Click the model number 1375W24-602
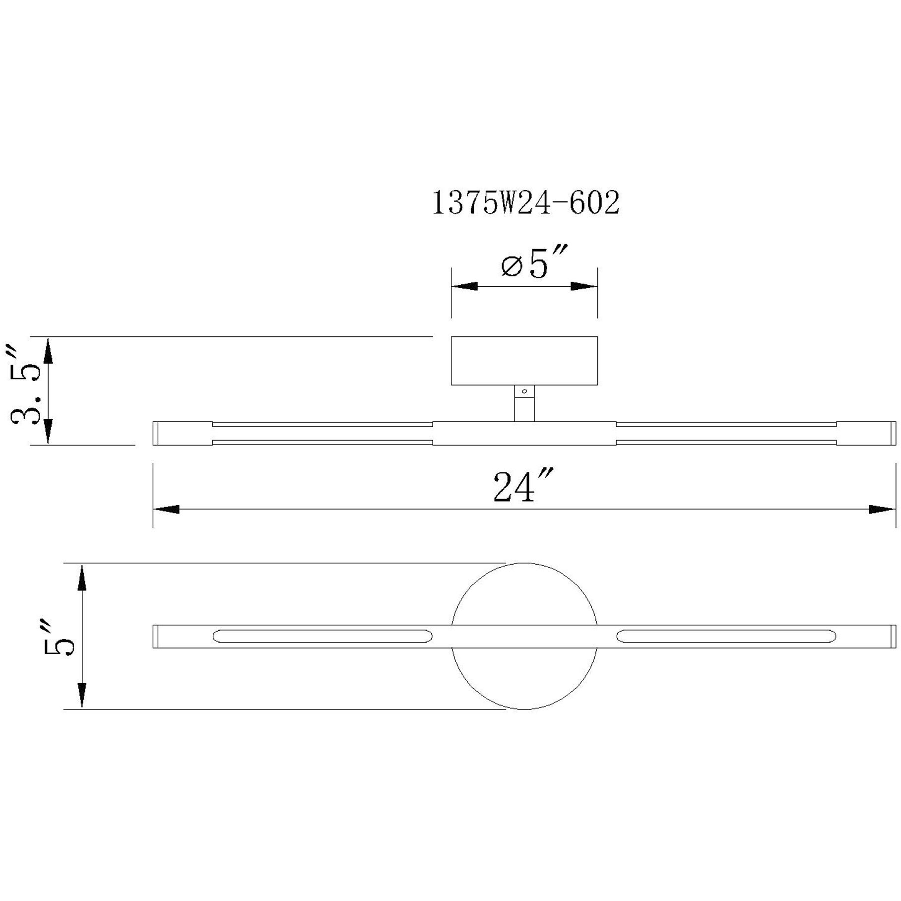click(x=525, y=203)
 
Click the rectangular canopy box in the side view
click(x=524, y=360)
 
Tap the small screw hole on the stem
click(x=524, y=391)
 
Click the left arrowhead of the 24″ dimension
click(x=166, y=510)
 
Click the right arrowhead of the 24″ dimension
click(x=882, y=510)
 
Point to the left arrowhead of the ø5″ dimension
click(x=464, y=286)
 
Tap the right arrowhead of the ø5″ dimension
click(x=583, y=286)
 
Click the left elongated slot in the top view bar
click(x=322, y=636)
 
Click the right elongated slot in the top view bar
click(x=726, y=636)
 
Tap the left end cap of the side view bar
click(x=156, y=433)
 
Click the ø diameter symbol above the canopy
click(x=512, y=266)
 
